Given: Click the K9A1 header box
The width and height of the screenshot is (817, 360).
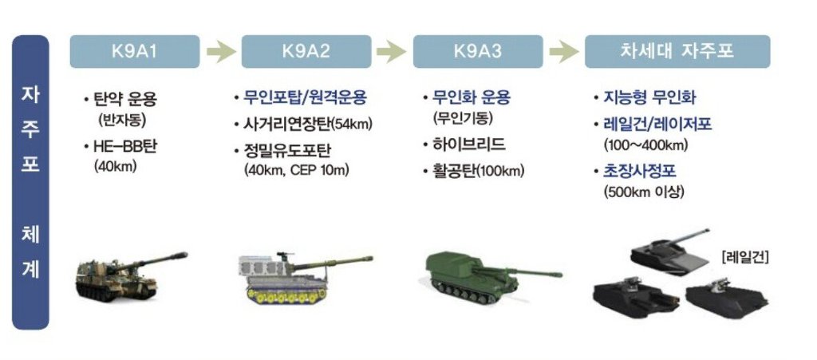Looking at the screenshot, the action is pyautogui.click(x=134, y=52).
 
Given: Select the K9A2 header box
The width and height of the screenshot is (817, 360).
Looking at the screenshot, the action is pyautogui.click(x=306, y=52).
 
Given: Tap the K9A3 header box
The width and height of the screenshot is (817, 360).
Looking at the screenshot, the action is pyautogui.click(x=478, y=52).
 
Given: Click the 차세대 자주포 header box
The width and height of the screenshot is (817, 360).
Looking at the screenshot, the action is pyautogui.click(x=677, y=52).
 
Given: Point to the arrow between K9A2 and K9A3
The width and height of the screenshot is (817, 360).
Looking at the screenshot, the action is pyautogui.click(x=391, y=52).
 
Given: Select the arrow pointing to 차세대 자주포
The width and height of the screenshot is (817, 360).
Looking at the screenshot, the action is pyautogui.click(x=564, y=52).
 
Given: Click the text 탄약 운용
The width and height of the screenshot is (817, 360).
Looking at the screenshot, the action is pyautogui.click(x=124, y=99).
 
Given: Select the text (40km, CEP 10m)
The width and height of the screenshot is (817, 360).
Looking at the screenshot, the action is pyautogui.click(x=295, y=170).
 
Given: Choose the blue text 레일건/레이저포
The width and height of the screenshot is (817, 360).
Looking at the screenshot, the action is pyautogui.click(x=657, y=125).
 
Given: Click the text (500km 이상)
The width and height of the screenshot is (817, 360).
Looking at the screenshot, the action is pyautogui.click(x=644, y=192).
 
